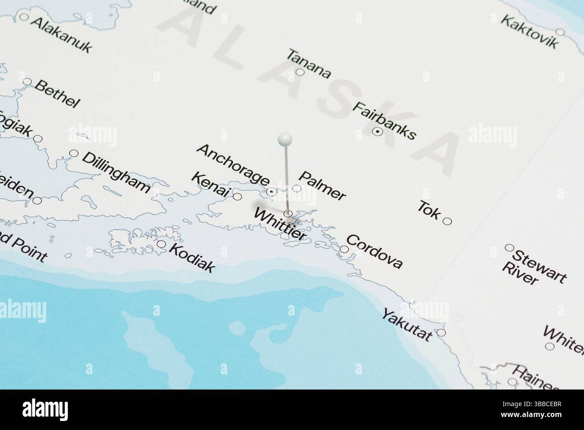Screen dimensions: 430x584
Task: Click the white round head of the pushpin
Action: coord(285,139)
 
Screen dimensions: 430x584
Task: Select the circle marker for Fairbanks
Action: coord(377,132)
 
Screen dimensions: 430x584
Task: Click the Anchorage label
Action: coord(233,164)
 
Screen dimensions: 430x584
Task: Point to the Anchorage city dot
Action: coord(271,192)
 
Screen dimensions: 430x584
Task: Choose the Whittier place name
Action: coord(280,224)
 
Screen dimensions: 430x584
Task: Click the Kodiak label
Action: coord(192,258)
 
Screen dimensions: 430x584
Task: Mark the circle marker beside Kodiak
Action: coord(161,244)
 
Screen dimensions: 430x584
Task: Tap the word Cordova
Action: coord(374,251)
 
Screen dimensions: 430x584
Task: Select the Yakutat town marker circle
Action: coord(441,333)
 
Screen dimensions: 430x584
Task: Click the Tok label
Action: coord(429,210)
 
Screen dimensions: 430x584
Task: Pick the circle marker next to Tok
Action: coord(447,221)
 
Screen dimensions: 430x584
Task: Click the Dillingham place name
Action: coord(116,172)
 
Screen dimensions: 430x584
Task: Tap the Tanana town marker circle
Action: coord(300,72)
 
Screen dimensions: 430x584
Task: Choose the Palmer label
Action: coord(322,185)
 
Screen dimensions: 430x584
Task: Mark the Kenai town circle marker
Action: coord(238,197)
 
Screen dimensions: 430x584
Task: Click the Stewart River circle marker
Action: coord(509,247)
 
